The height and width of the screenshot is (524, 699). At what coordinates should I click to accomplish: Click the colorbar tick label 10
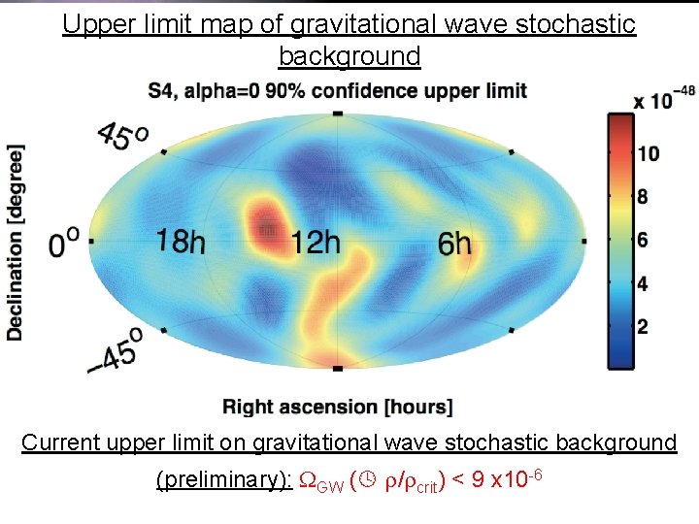[x=649, y=154]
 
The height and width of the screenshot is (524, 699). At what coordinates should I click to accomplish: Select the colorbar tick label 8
[x=643, y=197]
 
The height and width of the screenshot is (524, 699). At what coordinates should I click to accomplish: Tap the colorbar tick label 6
[x=643, y=240]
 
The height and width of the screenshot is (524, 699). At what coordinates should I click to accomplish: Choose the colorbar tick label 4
[x=643, y=283]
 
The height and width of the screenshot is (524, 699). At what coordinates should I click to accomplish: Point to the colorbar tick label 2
[x=643, y=327]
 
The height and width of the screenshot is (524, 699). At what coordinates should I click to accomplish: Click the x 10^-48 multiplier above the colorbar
[x=665, y=99]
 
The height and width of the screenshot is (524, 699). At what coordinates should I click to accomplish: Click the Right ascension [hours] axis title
[x=337, y=406]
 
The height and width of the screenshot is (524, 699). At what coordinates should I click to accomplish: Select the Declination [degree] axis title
[x=16, y=243]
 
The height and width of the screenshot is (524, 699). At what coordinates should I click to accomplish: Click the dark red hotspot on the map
[x=265, y=229]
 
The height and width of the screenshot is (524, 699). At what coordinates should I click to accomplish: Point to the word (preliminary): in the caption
[x=222, y=481]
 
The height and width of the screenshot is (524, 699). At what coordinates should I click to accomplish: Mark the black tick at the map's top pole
[x=337, y=114]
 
